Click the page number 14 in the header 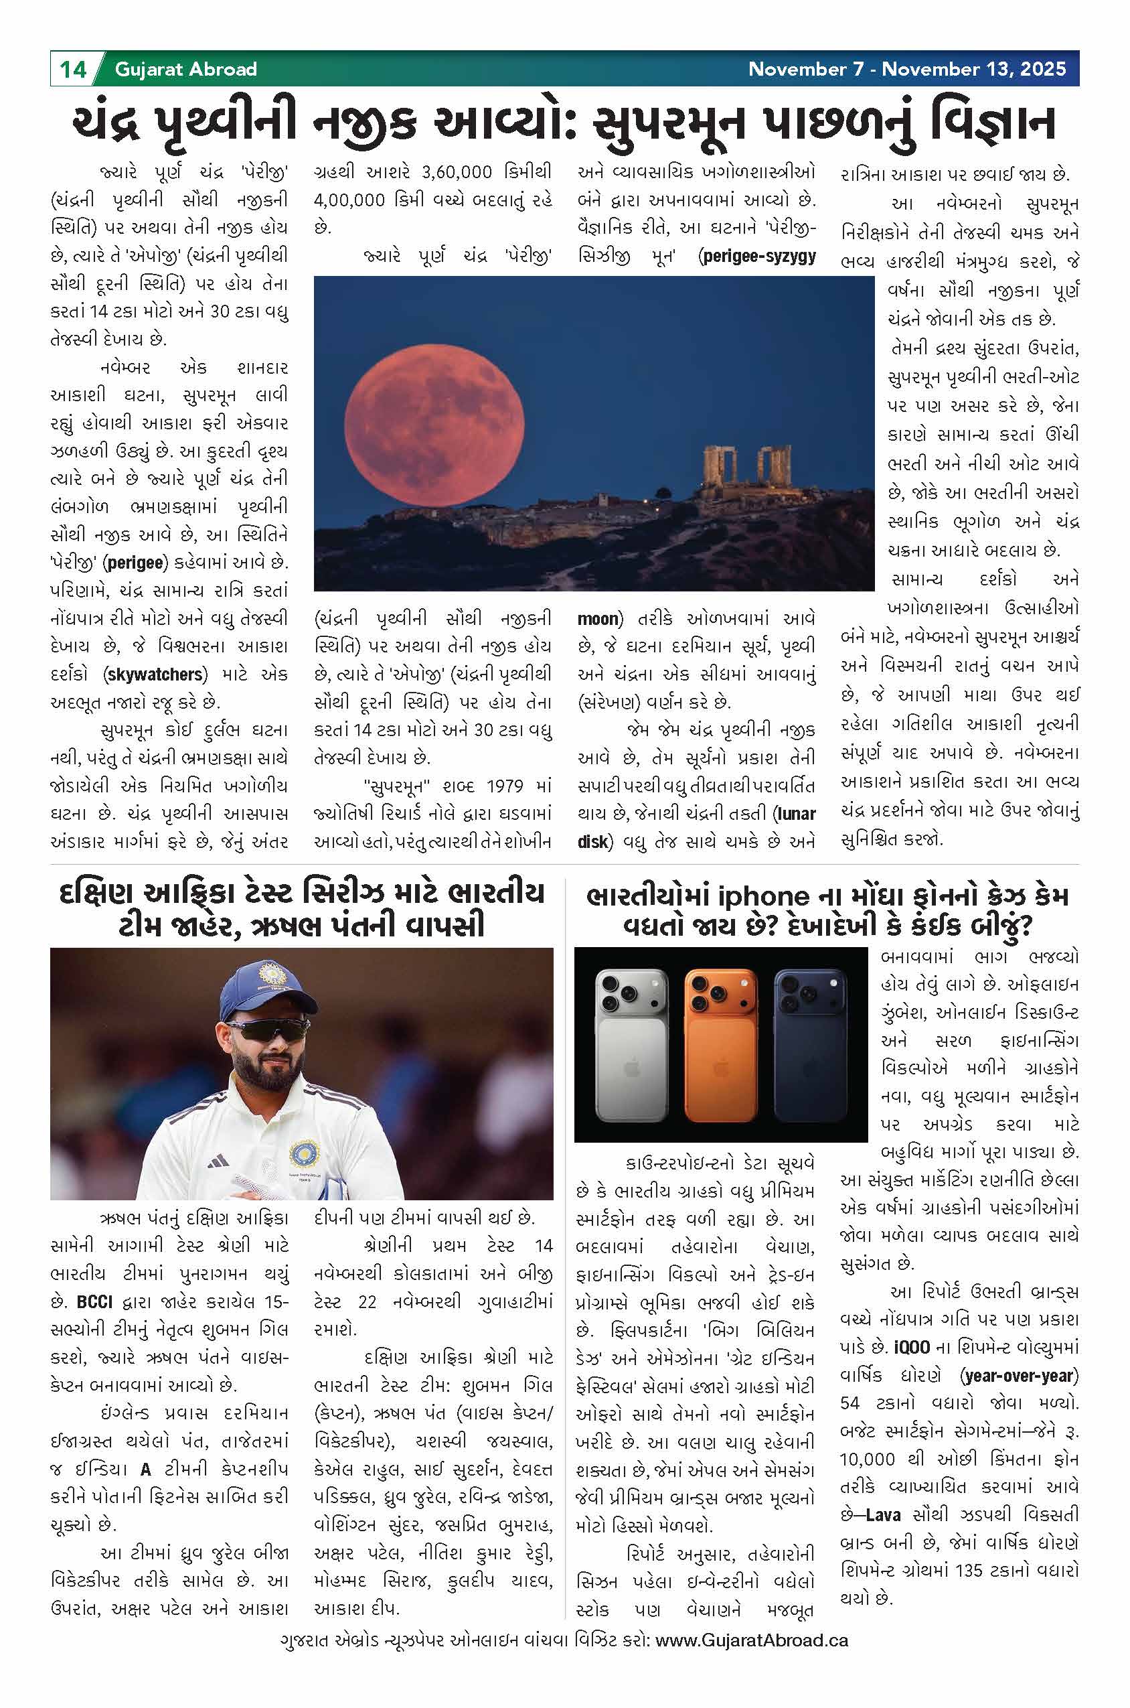tap(72, 69)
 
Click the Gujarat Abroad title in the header tap(185, 69)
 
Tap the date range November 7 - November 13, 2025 tap(906, 69)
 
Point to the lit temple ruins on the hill tap(746, 470)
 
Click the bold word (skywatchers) tap(155, 674)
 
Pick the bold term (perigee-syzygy tap(756, 256)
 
